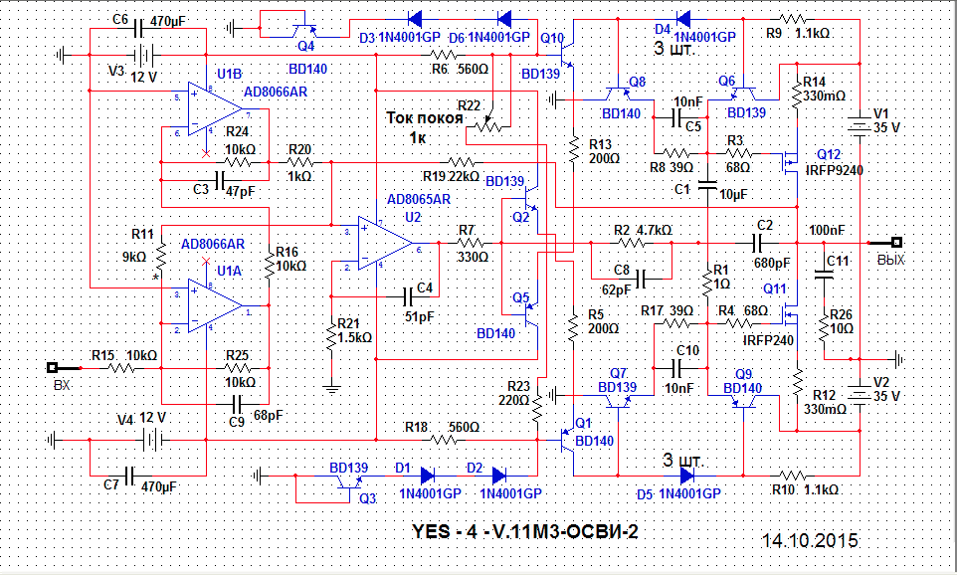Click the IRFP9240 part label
click(x=834, y=170)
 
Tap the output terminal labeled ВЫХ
click(x=894, y=242)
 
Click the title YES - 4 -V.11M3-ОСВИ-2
click(x=524, y=531)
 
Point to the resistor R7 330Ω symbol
click(x=469, y=242)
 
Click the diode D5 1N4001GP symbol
click(x=687, y=473)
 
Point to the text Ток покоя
click(x=425, y=116)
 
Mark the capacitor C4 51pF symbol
click(x=408, y=295)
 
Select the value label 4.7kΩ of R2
click(x=654, y=230)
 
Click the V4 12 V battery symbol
click(x=151, y=438)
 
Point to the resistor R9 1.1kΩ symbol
click(x=794, y=18)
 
